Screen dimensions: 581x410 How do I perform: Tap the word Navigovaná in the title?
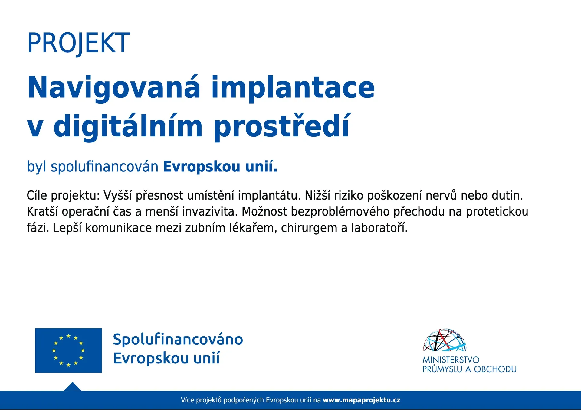click(x=114, y=87)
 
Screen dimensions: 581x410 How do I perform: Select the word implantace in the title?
click(x=293, y=87)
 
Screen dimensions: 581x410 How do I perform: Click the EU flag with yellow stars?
click(x=68, y=350)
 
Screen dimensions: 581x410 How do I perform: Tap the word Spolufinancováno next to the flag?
click(x=178, y=339)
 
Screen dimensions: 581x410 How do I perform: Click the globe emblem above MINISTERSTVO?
click(x=445, y=340)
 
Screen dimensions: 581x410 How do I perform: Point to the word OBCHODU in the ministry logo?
click(x=495, y=369)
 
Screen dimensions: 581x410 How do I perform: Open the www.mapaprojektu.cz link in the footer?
click(x=362, y=400)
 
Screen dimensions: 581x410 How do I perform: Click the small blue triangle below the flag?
click(x=73, y=387)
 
